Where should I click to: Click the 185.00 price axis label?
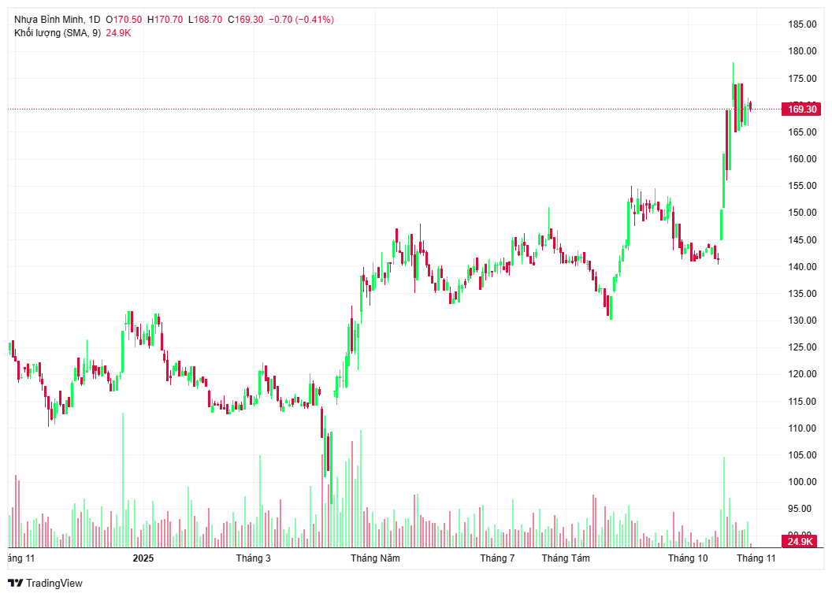coord(802,24)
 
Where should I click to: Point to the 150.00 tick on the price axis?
coord(802,213)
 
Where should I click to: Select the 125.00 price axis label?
coord(802,347)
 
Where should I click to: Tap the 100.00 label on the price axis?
coord(802,482)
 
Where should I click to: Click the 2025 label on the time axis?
coord(143,558)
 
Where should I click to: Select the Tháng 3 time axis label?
coord(253,558)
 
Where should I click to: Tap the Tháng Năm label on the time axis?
coord(375,558)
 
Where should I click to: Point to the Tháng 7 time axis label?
coord(497,558)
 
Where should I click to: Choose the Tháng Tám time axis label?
coord(566,558)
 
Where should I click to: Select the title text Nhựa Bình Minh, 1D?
coord(57,19)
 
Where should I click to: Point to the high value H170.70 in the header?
coord(165,19)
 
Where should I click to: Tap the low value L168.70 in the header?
coord(205,19)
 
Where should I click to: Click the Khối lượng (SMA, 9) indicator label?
coord(57,33)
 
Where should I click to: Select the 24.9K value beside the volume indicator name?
coord(118,33)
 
